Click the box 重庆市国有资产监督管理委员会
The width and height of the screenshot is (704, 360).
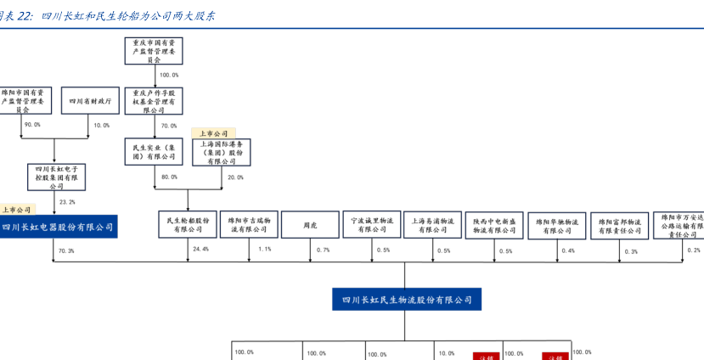point(154,52)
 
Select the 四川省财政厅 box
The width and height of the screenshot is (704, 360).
point(89,101)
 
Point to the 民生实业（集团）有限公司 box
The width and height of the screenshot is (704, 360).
point(154,152)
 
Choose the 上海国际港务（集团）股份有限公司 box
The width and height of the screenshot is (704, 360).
point(227,152)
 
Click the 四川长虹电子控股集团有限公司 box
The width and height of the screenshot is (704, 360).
point(56,177)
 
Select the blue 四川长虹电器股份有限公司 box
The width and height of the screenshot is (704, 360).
point(56,227)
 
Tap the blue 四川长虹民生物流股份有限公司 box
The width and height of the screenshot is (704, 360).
point(406,300)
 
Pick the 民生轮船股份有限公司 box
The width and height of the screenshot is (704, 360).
point(188,224)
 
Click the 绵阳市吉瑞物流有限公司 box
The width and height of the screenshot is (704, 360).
point(250,224)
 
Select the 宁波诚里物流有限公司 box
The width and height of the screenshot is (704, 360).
point(372,224)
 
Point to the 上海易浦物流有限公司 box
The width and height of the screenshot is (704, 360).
point(432,224)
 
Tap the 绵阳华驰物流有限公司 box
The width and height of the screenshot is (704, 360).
point(557,224)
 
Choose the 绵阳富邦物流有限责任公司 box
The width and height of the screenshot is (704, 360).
point(619,224)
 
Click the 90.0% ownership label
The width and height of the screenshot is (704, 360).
point(32,125)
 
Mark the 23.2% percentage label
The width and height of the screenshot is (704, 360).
point(67,202)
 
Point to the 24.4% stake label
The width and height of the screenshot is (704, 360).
point(200,250)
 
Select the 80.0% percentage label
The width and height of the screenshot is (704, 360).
point(169,177)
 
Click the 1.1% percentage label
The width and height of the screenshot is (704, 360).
point(264,250)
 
